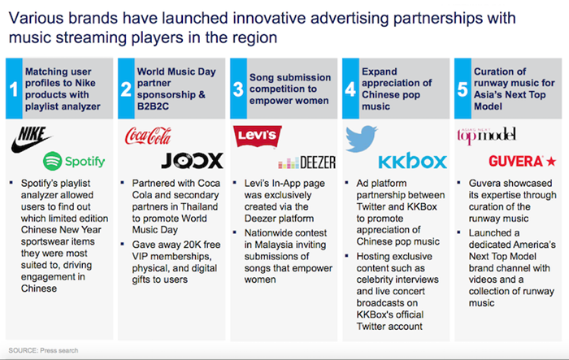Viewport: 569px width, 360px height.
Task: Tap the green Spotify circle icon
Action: (x=53, y=161)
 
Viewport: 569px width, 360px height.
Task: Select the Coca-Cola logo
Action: (x=148, y=136)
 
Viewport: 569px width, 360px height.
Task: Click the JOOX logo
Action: (x=193, y=161)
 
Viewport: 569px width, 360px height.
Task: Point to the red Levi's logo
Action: (x=258, y=136)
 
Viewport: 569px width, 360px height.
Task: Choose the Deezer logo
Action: (x=307, y=163)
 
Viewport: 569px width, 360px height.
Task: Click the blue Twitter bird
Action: (x=361, y=139)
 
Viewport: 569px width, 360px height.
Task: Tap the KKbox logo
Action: (x=413, y=161)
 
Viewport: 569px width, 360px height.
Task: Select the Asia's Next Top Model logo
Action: (x=486, y=136)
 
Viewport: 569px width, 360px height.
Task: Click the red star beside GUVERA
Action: (x=551, y=161)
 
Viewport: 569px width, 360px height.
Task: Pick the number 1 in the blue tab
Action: (x=14, y=89)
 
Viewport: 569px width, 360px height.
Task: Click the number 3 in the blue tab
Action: (x=238, y=89)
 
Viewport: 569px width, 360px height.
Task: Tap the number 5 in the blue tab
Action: (x=463, y=89)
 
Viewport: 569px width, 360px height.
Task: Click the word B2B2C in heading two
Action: (x=153, y=106)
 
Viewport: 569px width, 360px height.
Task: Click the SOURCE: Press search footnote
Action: (x=43, y=350)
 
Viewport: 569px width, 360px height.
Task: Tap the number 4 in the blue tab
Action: (x=350, y=89)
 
